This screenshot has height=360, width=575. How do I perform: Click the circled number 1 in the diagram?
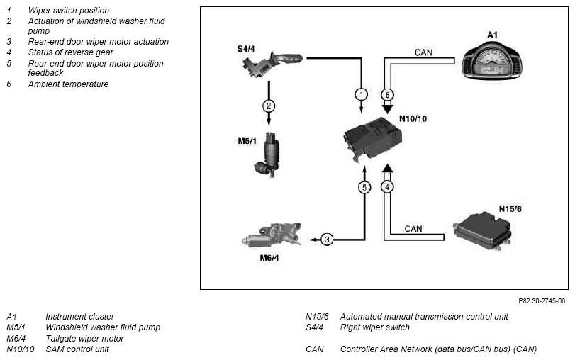pyautogui.click(x=361, y=94)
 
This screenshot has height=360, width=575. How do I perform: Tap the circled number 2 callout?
pyautogui.click(x=269, y=106)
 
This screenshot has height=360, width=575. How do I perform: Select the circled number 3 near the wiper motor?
pyautogui.click(x=327, y=240)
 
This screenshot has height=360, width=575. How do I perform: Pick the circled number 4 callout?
pyautogui.click(x=387, y=187)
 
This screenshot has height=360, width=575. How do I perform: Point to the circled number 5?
pyautogui.click(x=364, y=187)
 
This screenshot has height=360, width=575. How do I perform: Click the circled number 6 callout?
pyautogui.click(x=387, y=95)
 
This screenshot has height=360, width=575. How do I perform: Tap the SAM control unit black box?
pyautogui.click(x=372, y=139)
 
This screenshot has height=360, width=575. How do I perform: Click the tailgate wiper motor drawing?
pyautogui.click(x=272, y=235)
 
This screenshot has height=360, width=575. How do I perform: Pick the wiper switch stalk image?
pyautogui.click(x=272, y=65)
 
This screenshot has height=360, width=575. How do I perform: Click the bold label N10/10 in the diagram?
pyautogui.click(x=413, y=119)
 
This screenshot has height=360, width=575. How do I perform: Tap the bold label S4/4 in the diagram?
pyautogui.click(x=246, y=49)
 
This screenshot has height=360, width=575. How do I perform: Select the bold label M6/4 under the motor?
pyautogui.click(x=269, y=258)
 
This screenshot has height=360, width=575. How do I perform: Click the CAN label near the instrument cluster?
pyautogui.click(x=423, y=52)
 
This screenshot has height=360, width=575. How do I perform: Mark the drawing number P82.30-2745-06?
pyautogui.click(x=542, y=301)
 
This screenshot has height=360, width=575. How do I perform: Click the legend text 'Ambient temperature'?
pyautogui.click(x=68, y=84)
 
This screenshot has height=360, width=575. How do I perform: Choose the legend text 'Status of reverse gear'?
pyautogui.click(x=70, y=52)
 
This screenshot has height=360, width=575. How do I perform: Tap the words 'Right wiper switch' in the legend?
pyautogui.click(x=374, y=327)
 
